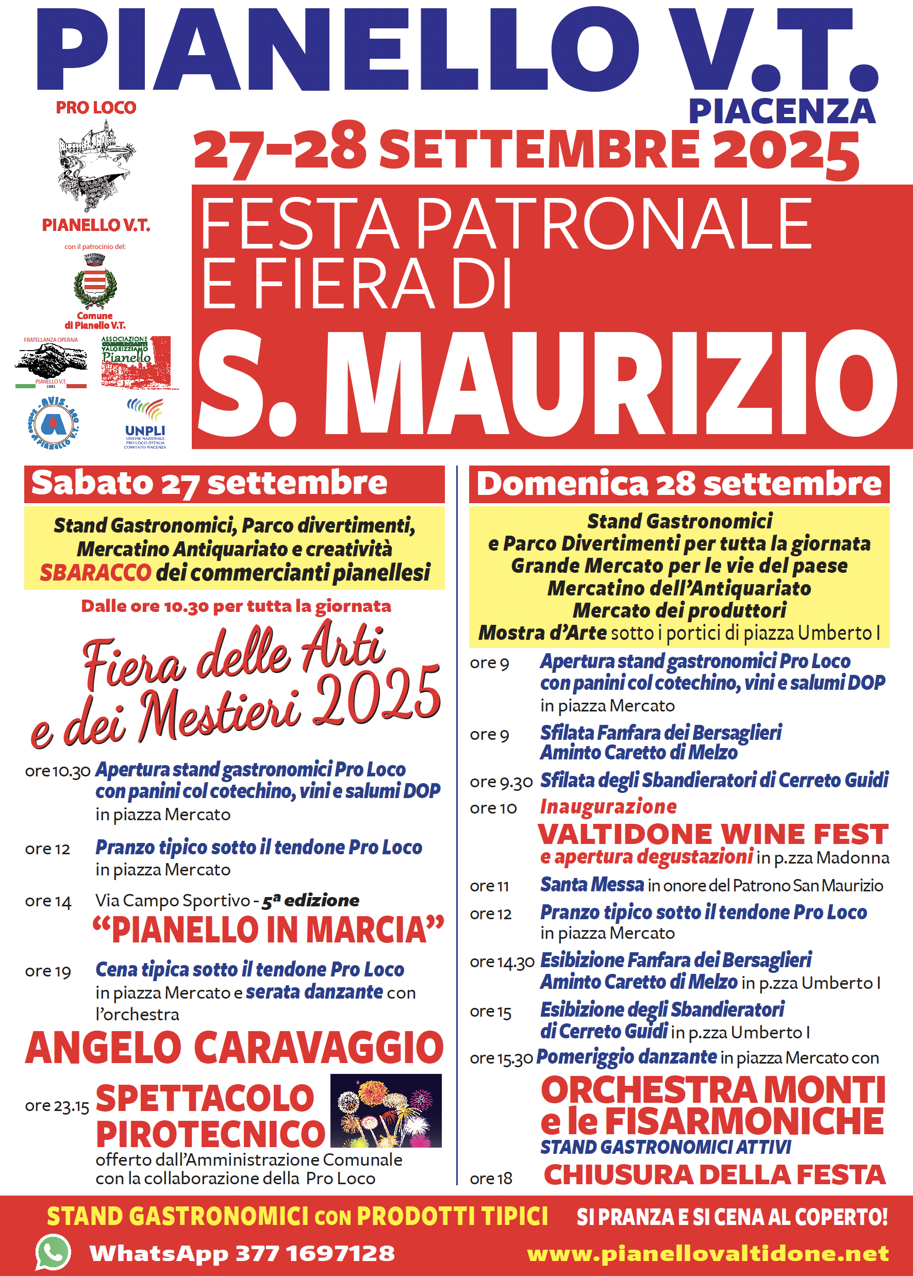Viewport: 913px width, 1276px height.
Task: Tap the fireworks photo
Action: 386,1110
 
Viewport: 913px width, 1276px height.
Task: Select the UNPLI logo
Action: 145,423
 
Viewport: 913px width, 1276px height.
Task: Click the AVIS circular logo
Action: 54,423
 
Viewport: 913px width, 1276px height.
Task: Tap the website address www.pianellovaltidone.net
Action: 708,1253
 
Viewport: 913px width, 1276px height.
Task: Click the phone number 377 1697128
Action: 315,1253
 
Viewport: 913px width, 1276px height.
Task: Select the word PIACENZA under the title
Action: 782,111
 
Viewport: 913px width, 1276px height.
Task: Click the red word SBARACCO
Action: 95,572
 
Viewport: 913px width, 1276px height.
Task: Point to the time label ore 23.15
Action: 57,1106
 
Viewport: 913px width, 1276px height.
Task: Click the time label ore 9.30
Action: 501,782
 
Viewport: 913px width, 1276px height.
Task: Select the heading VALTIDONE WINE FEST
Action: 713,834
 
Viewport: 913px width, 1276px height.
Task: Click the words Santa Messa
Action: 592,885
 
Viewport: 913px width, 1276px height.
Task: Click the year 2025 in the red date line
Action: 786,151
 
